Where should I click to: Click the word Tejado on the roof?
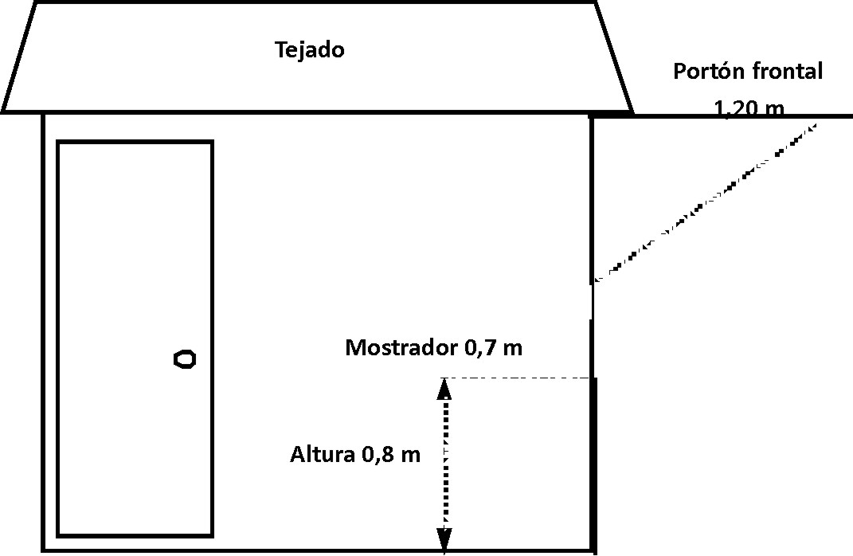tap(310, 50)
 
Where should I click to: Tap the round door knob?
tap(185, 359)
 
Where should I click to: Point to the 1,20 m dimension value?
tap(749, 108)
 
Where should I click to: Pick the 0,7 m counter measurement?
tap(494, 347)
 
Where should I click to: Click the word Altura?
tap(322, 454)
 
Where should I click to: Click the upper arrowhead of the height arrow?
tap(444, 389)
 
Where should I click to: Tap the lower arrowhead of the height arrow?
tap(444, 540)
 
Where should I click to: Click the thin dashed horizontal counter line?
tap(518, 378)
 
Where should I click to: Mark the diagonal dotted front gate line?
tap(705, 202)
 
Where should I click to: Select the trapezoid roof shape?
tap(318, 57)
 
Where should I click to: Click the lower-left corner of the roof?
tap(3, 112)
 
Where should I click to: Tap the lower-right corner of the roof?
tap(632, 112)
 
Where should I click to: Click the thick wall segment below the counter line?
tap(594, 465)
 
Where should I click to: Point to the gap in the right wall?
tap(592, 301)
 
